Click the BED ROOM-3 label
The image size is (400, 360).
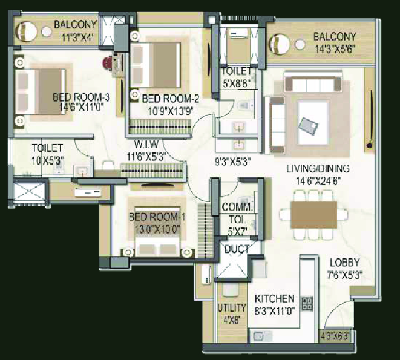[x=81, y=97]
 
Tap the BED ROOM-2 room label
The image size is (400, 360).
[x=171, y=99]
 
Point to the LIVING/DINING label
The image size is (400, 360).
[x=318, y=169]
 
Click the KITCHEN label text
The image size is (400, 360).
[x=275, y=298]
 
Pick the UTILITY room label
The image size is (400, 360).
[x=232, y=308]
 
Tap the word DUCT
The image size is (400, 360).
[x=237, y=249]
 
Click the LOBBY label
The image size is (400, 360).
[x=344, y=263]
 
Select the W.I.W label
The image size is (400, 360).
[x=146, y=145]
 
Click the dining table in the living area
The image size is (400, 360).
[x=314, y=215]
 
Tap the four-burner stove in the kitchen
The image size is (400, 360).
[x=307, y=304]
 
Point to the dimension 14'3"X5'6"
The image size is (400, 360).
[x=335, y=49]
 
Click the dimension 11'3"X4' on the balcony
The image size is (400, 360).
[x=76, y=37]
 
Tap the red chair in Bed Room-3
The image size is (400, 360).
[x=108, y=63]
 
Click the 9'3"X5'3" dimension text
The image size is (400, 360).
[x=232, y=162]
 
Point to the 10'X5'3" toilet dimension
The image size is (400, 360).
[x=47, y=161]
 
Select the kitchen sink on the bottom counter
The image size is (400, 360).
[x=259, y=336]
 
